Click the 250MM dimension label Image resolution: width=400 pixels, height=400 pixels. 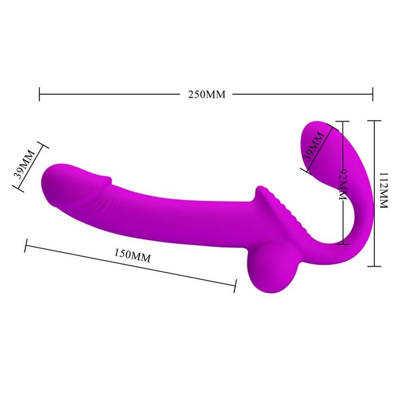pos(207,94)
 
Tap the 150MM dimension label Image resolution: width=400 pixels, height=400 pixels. pos(132,256)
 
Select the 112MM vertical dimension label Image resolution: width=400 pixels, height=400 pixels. pos(384,190)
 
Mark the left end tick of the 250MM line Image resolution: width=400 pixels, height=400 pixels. pos(39,94)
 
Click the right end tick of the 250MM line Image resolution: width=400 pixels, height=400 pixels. pos(373,94)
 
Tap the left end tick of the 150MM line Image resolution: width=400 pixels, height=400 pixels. pos(26,245)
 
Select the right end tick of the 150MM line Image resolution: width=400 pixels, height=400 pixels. pos(235,286)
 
